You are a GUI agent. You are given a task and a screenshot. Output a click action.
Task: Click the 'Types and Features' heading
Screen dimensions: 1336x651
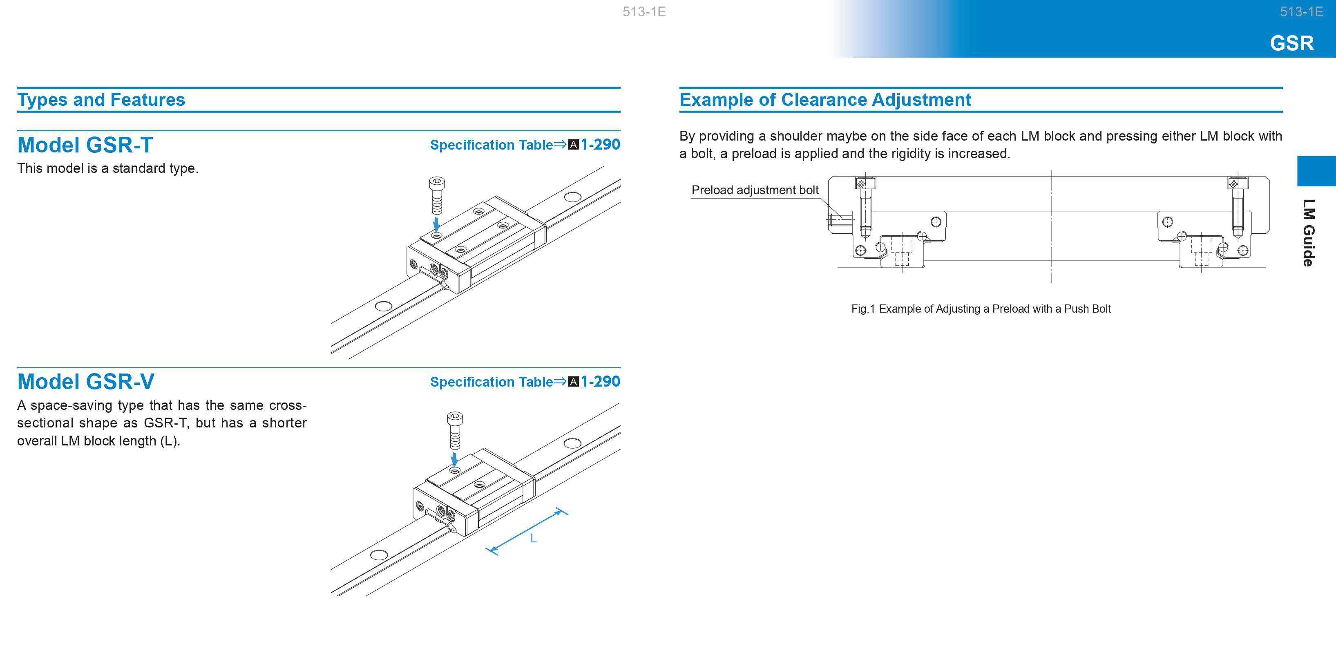[x=101, y=100]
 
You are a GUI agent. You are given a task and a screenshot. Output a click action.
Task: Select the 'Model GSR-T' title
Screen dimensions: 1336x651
[x=85, y=145]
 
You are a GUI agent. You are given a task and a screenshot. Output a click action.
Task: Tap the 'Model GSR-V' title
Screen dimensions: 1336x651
[x=85, y=382]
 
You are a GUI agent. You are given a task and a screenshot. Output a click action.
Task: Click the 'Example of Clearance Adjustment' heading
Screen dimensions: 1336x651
[x=825, y=100]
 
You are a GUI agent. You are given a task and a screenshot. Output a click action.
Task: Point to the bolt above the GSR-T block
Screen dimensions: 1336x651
[x=437, y=195]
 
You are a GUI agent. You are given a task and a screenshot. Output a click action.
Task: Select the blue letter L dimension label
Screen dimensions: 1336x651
[x=533, y=539]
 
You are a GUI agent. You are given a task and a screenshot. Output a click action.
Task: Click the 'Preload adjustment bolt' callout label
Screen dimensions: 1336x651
[x=755, y=190]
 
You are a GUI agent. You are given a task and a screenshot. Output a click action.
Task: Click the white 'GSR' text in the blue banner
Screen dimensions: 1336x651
[x=1292, y=43]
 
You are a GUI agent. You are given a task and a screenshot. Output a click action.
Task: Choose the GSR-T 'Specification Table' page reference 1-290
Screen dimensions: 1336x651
[x=600, y=145]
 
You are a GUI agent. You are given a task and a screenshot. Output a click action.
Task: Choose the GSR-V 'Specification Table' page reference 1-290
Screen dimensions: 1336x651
[x=600, y=382]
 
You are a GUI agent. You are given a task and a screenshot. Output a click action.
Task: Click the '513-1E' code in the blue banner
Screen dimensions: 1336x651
[x=1301, y=12]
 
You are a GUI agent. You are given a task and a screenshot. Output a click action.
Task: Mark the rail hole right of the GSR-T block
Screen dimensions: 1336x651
[x=572, y=197]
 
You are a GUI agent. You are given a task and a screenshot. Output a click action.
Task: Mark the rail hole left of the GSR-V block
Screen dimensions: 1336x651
[x=379, y=555]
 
